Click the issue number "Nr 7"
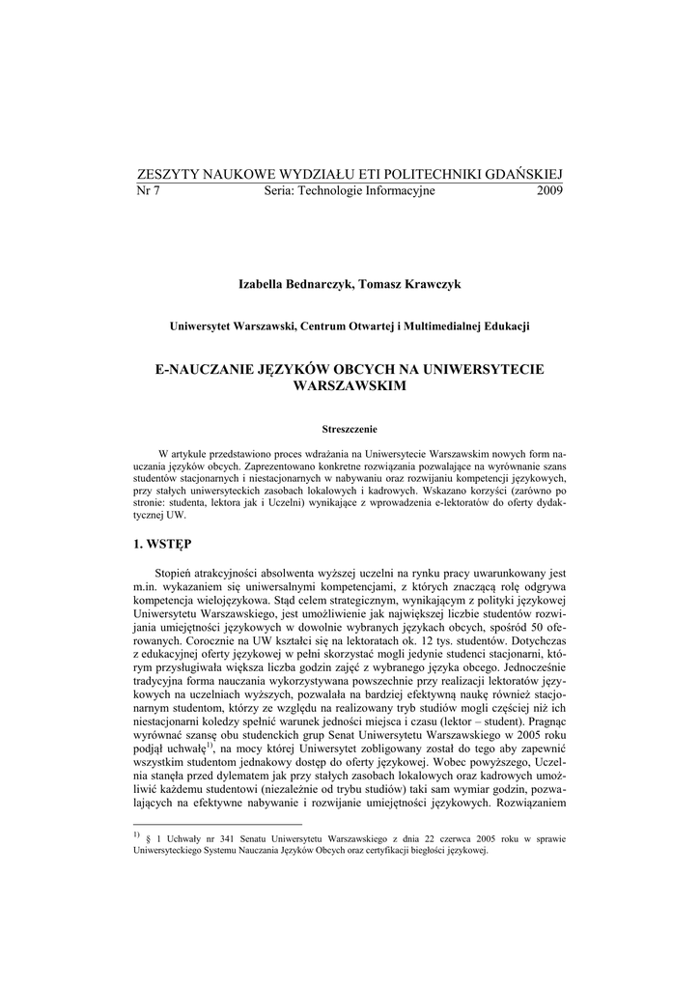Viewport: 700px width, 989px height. point(150,190)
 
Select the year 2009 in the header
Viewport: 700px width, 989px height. point(548,190)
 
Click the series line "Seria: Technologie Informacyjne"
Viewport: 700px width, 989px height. point(350,190)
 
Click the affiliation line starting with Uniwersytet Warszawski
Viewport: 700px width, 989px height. point(350,326)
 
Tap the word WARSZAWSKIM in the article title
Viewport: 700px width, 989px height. point(350,385)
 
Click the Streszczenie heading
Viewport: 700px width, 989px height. point(350,428)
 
